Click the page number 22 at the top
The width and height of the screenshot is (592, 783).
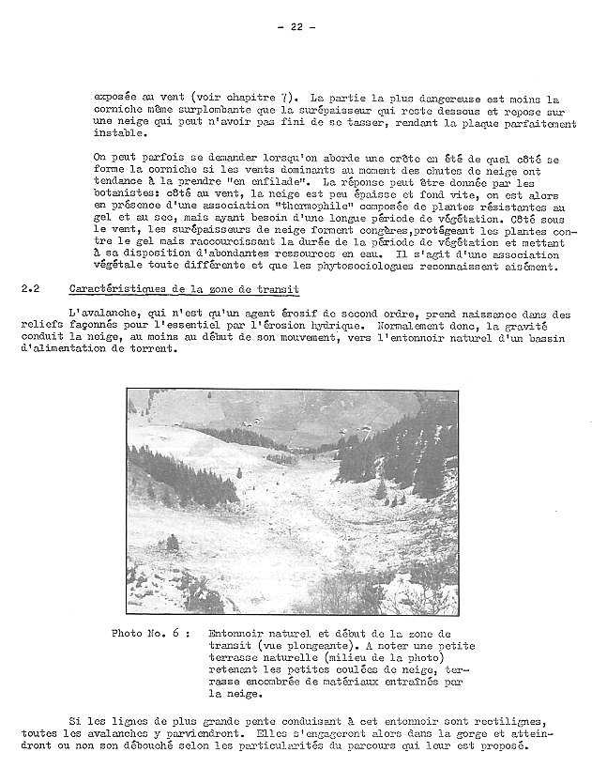(x=296, y=26)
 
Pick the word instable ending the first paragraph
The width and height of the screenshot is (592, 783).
(x=120, y=133)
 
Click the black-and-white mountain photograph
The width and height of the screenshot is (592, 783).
(x=293, y=501)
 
